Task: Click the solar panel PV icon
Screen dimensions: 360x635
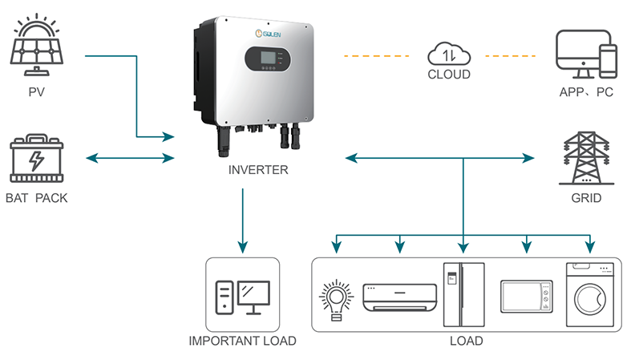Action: coord(37,44)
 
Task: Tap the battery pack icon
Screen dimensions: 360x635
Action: coord(37,160)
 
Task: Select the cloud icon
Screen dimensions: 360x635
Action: coord(448,55)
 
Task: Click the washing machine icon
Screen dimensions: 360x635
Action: coord(589,294)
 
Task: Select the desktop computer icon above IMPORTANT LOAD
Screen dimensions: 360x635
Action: coord(243,297)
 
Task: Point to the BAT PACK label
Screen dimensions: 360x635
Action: coord(37,197)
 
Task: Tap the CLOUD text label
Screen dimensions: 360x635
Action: coord(448,75)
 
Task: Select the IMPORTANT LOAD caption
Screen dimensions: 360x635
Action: coord(242,341)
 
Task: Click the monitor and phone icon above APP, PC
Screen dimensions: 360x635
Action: coord(586,53)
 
